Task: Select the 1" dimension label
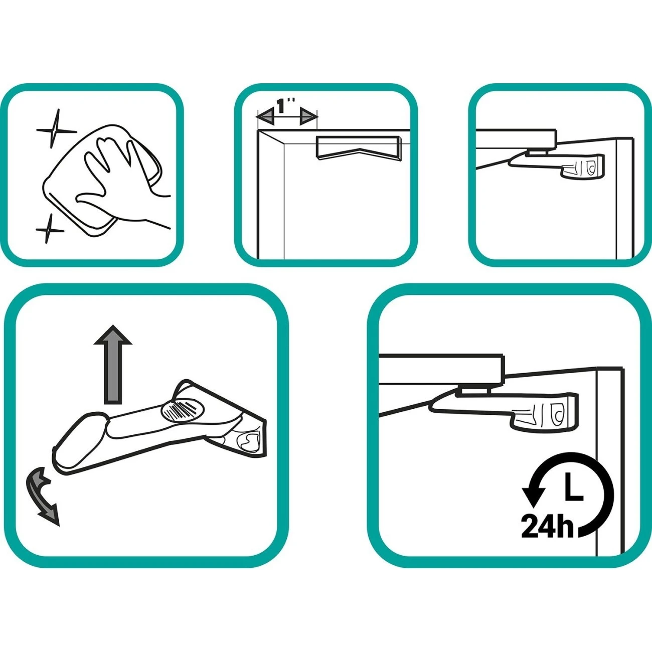(x=286, y=106)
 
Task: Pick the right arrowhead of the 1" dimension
(x=309, y=117)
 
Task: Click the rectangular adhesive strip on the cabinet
(x=359, y=147)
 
